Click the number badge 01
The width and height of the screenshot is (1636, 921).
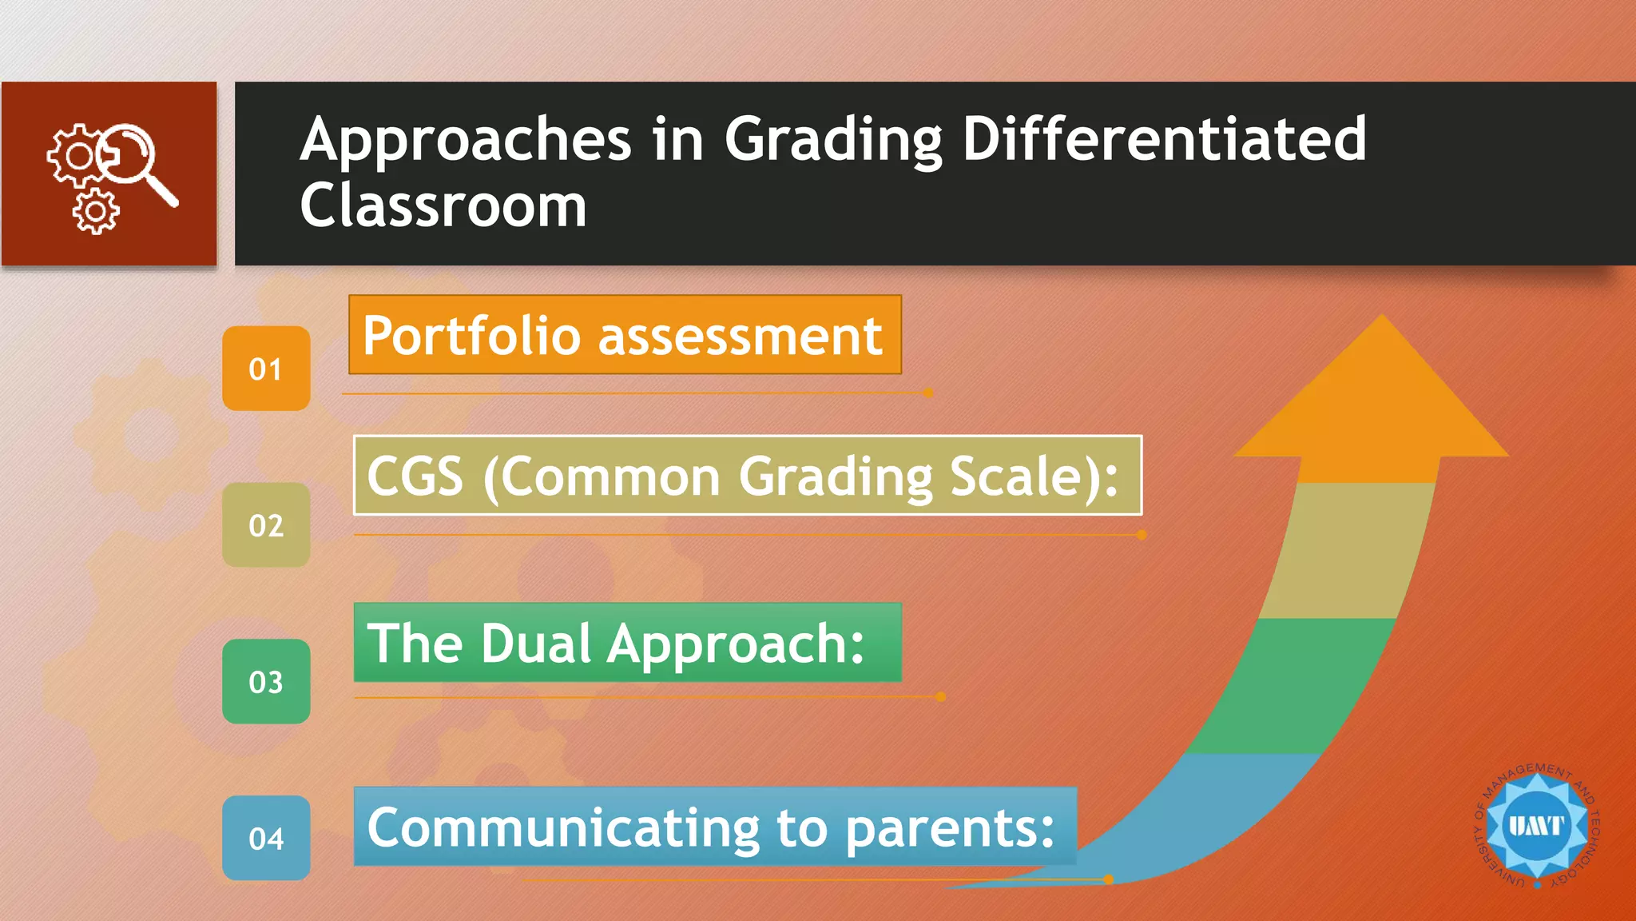point(266,369)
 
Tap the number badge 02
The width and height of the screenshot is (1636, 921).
point(266,525)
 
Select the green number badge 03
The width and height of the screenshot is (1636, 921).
point(266,682)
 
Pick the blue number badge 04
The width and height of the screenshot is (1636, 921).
point(266,838)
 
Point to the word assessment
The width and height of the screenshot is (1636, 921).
point(740,336)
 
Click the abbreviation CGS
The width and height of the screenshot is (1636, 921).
point(415,476)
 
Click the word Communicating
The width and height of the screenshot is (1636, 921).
point(562,827)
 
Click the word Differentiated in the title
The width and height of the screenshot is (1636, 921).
point(1164,139)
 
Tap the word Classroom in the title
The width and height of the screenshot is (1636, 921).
point(443,205)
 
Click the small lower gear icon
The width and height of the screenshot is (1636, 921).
point(96,212)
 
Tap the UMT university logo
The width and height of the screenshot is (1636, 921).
point(1536,826)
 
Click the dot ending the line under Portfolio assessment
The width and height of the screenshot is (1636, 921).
point(928,393)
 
